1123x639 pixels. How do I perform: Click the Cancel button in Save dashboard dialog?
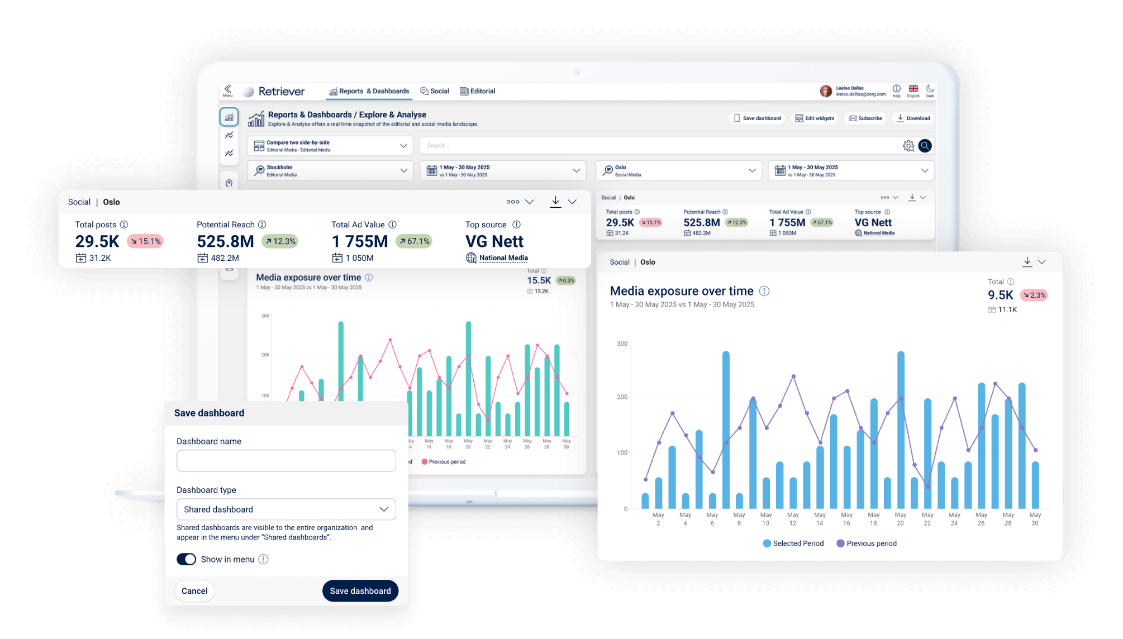[x=194, y=591]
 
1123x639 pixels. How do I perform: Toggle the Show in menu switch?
[x=187, y=559]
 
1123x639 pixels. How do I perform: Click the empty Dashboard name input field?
[x=286, y=461]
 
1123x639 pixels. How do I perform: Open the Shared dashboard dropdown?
[x=286, y=509]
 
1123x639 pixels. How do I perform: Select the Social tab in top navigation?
[x=435, y=91]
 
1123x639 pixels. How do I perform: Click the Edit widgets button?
[x=815, y=118]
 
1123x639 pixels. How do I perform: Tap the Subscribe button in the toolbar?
[x=866, y=118]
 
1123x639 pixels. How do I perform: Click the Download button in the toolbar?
[x=914, y=118]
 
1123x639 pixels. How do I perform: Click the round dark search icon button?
[x=925, y=146]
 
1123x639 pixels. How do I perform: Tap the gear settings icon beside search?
[x=908, y=146]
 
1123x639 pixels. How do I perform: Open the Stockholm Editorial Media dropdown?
[x=330, y=171]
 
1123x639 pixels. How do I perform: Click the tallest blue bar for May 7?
[x=726, y=430]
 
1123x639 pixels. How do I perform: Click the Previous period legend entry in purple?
[x=867, y=543]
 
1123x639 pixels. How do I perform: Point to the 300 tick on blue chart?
[x=622, y=344]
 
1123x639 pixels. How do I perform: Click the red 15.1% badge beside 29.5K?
[x=145, y=241]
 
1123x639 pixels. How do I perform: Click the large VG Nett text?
[x=494, y=241]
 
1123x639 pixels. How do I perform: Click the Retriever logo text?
[x=281, y=92]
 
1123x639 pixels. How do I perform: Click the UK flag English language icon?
[x=913, y=89]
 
